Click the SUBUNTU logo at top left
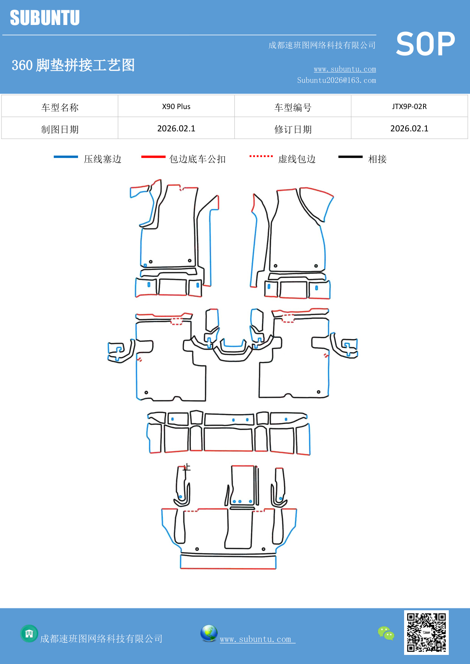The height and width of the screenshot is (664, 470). tap(45, 18)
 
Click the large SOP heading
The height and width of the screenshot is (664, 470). tap(425, 44)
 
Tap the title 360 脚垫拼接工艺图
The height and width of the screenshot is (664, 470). tap(73, 65)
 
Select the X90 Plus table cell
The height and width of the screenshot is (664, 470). tap(176, 106)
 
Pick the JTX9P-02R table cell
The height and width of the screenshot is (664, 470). tap(409, 106)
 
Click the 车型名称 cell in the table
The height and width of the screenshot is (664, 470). tap(60, 107)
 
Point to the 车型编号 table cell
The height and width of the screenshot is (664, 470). tap(293, 107)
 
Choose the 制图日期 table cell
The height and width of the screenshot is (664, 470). tap(60, 129)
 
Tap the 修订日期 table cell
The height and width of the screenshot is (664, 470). tap(293, 129)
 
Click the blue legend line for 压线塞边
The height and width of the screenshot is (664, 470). tap(66, 157)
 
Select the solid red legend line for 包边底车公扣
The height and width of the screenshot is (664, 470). tap(153, 157)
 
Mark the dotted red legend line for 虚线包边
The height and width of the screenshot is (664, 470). tap(261, 156)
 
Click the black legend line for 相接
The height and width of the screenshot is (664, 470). tap(350, 157)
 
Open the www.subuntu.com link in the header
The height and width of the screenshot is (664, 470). tap(345, 69)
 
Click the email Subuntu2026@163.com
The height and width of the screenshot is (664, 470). tap(336, 80)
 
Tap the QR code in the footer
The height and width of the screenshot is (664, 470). tap(426, 632)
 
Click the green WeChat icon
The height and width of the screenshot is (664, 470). tap(386, 633)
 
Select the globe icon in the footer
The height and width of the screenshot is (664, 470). tap(209, 633)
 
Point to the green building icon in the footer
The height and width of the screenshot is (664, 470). tap(29, 633)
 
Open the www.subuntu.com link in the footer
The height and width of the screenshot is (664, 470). tap(256, 639)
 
